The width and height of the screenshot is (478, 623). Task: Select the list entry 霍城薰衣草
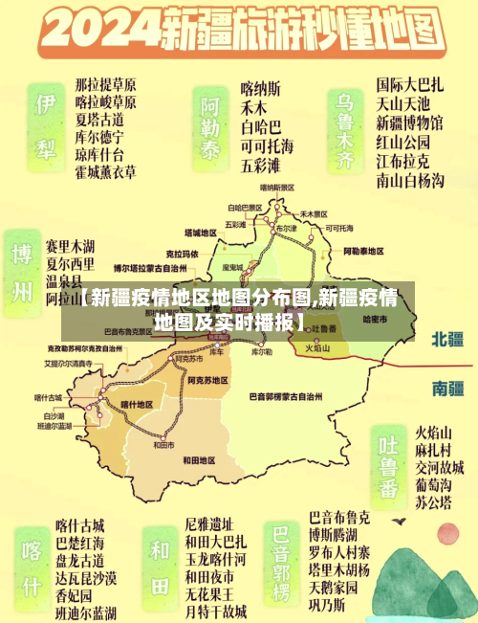tap(105, 172)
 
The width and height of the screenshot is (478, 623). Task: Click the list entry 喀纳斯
tap(261, 87)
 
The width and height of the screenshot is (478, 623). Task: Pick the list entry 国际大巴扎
tap(409, 85)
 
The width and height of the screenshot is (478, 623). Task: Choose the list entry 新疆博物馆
tap(409, 123)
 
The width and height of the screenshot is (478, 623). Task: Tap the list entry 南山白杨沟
tap(409, 178)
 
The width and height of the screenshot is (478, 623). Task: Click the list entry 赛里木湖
tap(70, 246)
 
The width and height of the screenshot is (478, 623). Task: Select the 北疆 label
tap(447, 339)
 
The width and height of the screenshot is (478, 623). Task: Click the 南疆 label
tap(447, 388)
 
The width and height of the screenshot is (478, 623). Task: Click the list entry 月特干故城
tap(215, 611)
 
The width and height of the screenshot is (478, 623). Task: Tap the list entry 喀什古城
tap(80, 524)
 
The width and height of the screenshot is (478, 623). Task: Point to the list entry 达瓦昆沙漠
tap(86, 577)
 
